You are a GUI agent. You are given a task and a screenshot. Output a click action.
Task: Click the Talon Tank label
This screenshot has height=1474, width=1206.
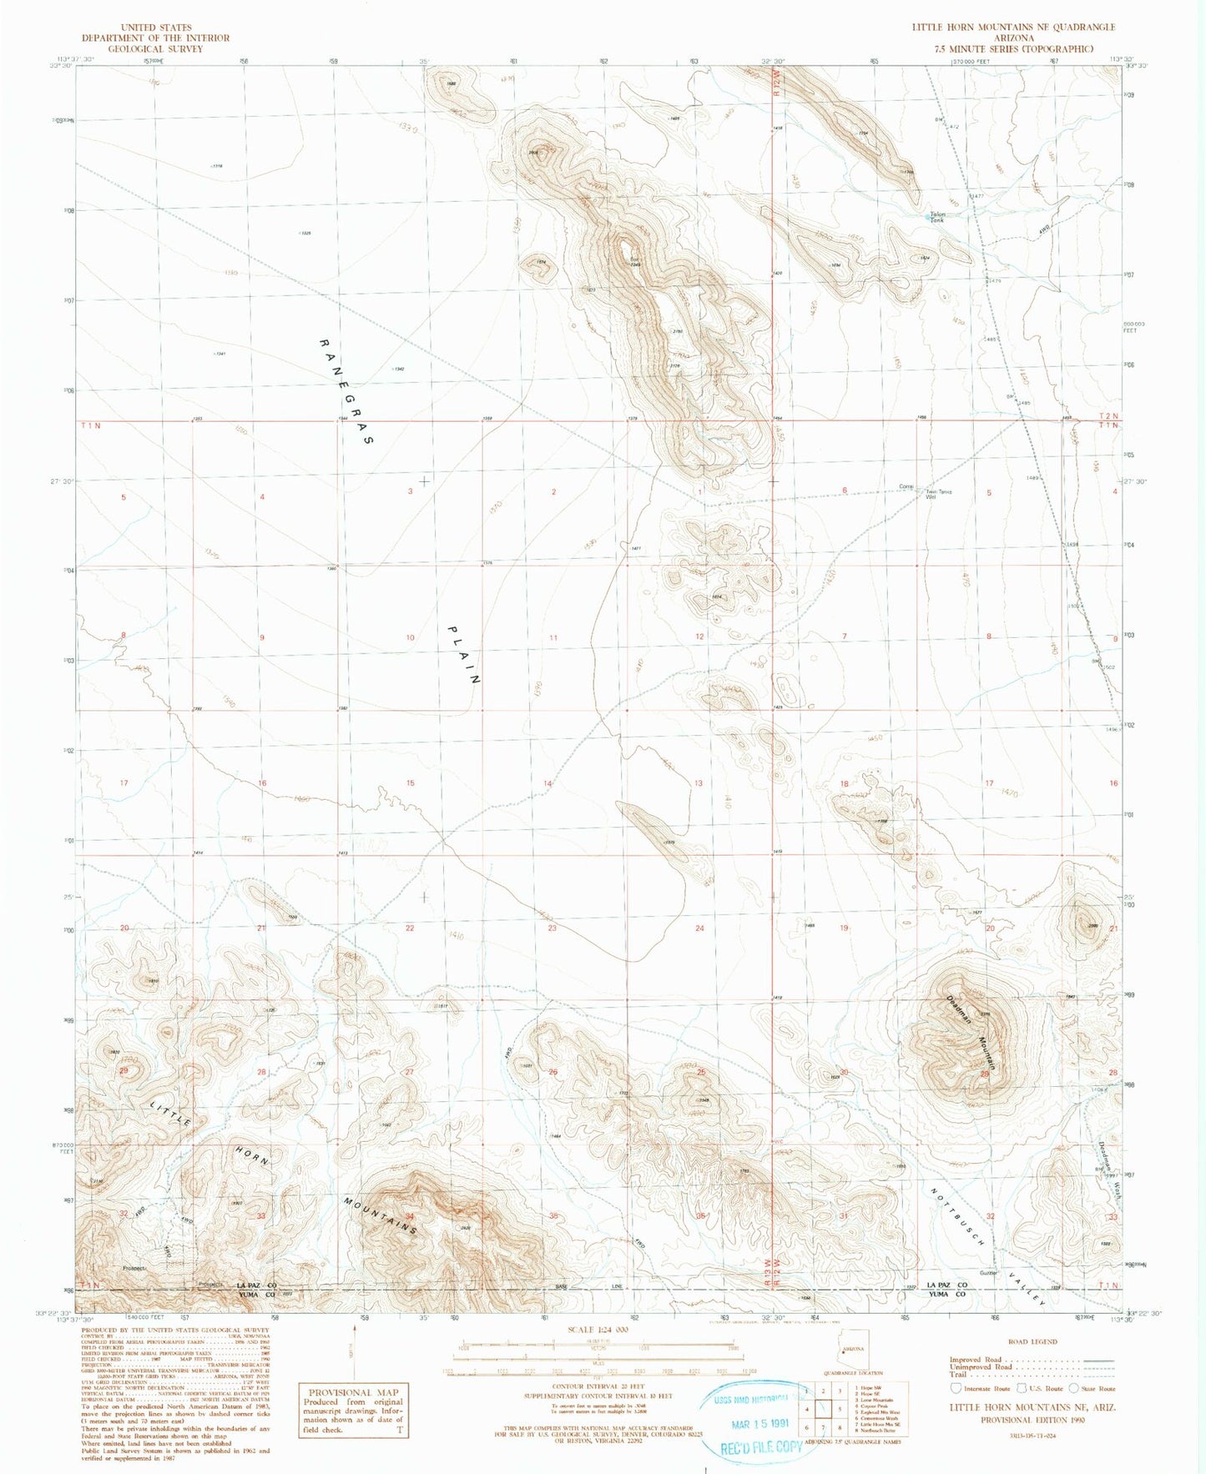point(937,217)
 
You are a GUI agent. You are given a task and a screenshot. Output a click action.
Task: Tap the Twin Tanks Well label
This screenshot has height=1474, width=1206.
point(938,493)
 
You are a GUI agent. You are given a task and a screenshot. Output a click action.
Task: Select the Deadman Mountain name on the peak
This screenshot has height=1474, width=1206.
point(971,1034)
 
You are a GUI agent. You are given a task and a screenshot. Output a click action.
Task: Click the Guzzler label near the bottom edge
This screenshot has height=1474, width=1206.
point(989,1295)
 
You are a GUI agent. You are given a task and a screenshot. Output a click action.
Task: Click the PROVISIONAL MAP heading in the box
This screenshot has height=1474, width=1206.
point(354,1392)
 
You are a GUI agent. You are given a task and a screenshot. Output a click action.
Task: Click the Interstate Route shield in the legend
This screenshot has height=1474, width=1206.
point(957,1389)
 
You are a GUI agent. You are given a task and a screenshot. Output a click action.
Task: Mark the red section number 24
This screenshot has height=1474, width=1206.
point(699,928)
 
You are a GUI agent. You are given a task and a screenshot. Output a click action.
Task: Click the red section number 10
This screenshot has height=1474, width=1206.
point(410,637)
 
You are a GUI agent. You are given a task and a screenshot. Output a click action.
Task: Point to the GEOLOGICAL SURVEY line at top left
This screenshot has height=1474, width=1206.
point(155,49)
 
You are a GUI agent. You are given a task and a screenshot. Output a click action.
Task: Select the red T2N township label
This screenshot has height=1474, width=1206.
point(1108,415)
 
